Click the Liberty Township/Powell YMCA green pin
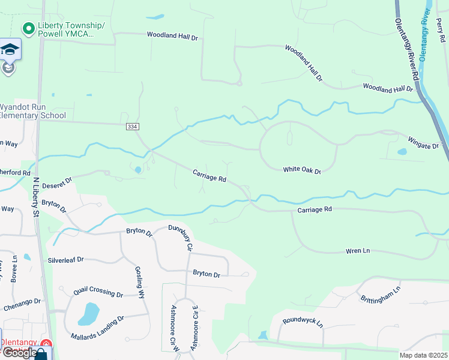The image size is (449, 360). (x=28, y=28)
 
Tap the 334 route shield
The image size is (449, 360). (x=132, y=127)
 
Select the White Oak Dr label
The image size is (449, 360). (x=302, y=171)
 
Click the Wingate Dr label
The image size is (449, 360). (x=424, y=145)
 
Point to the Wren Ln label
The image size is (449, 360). (x=358, y=250)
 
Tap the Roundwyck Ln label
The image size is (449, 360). (x=303, y=322)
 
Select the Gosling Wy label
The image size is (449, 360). (x=140, y=282)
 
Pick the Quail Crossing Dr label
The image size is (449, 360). (x=98, y=292)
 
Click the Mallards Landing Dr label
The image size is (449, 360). (x=97, y=327)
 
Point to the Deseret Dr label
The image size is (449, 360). (x=56, y=180)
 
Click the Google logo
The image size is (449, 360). (x=19, y=352)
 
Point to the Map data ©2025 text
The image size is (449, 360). (x=423, y=355)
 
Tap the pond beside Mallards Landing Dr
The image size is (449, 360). (x=89, y=313)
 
